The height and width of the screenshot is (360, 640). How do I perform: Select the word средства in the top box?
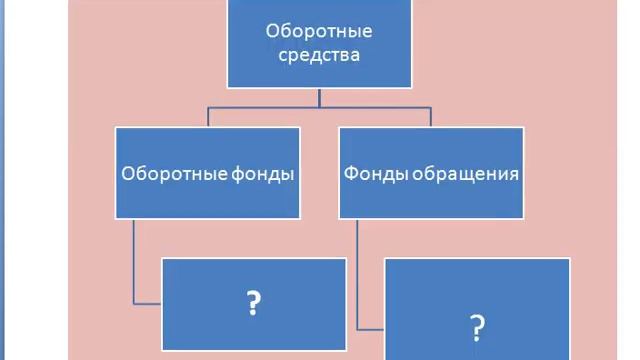point(316,55)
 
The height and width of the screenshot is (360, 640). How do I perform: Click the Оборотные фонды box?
point(208,172)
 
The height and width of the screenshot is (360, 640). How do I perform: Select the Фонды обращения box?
point(432,172)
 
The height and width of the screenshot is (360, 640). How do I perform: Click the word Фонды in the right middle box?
point(368,173)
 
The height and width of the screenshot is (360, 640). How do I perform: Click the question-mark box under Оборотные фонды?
point(254,302)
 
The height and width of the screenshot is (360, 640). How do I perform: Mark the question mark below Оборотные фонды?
point(254,302)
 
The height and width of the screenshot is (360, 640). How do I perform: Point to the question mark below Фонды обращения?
point(477,326)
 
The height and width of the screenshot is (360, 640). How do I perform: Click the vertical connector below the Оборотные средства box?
point(319,97)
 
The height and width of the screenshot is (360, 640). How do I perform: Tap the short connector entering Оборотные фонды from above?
point(208,117)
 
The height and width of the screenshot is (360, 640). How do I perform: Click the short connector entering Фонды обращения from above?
point(432,117)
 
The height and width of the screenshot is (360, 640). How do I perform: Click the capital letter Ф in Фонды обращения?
point(350,173)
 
